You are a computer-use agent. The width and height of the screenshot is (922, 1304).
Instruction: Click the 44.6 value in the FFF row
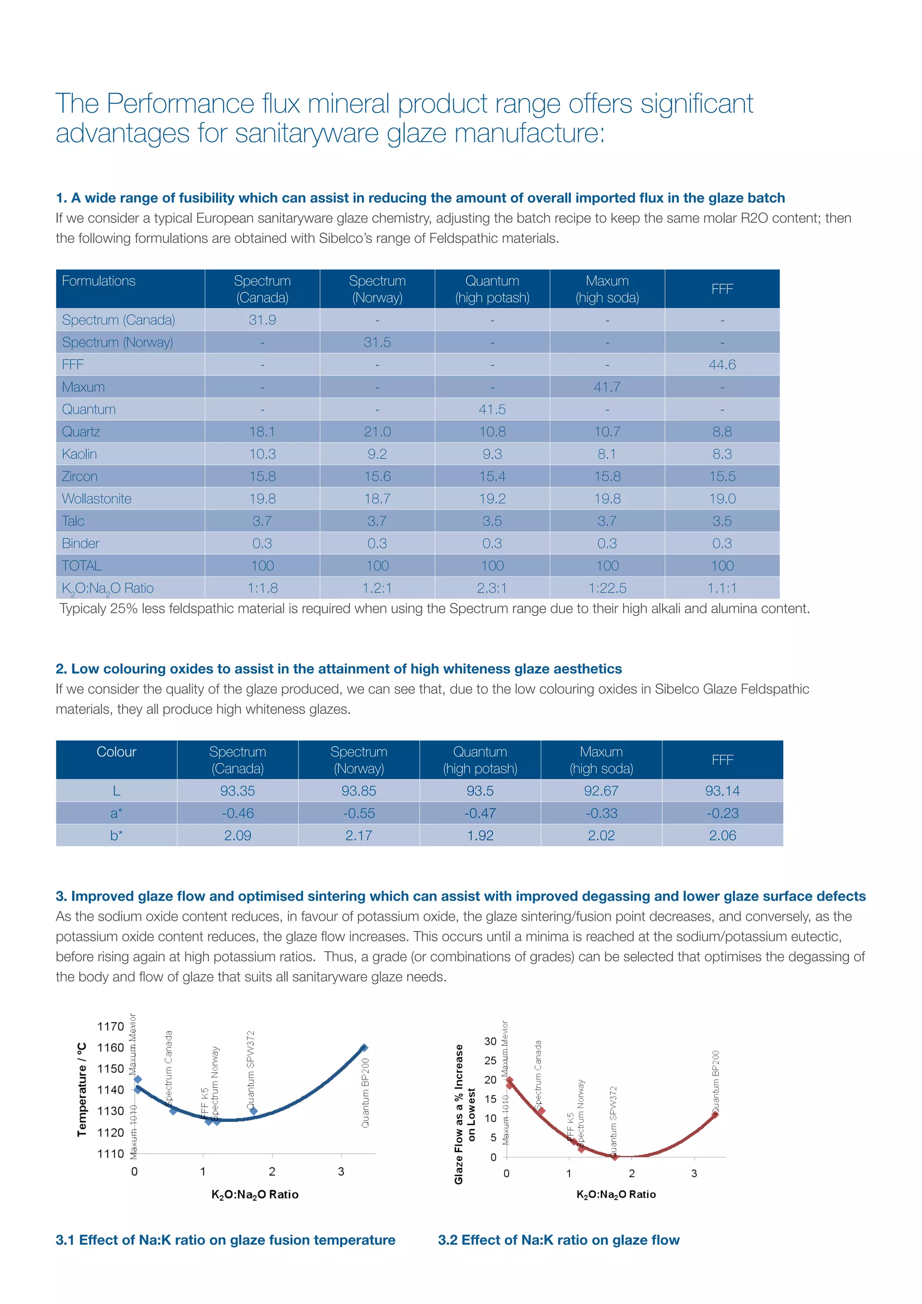[722, 365]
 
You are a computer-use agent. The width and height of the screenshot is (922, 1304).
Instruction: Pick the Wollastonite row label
[96, 498]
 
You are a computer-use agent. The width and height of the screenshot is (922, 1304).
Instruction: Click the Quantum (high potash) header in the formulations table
[492, 289]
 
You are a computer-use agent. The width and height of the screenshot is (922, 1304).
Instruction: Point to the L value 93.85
[358, 791]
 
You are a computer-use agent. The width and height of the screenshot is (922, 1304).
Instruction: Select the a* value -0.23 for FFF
[722, 813]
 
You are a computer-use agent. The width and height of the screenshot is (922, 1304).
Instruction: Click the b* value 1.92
[480, 835]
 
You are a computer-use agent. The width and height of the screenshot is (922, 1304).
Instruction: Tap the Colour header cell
[117, 752]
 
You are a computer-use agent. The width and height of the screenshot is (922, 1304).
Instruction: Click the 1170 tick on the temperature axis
[110, 1026]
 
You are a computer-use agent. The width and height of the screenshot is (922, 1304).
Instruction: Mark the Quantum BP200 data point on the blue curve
[364, 1048]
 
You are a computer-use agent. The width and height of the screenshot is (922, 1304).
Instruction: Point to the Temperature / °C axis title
[82, 1089]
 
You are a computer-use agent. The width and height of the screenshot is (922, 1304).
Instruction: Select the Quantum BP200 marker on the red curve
[715, 1114]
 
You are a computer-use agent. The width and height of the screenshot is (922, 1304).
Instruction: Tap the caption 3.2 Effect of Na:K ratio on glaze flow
[559, 1240]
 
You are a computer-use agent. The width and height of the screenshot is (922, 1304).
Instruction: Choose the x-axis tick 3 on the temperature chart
[341, 1171]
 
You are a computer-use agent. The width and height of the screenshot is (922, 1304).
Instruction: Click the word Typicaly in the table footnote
[83, 609]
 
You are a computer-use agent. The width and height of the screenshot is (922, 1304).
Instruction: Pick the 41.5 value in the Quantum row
[492, 409]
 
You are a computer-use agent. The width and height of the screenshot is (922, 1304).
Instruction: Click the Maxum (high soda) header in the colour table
[601, 760]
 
